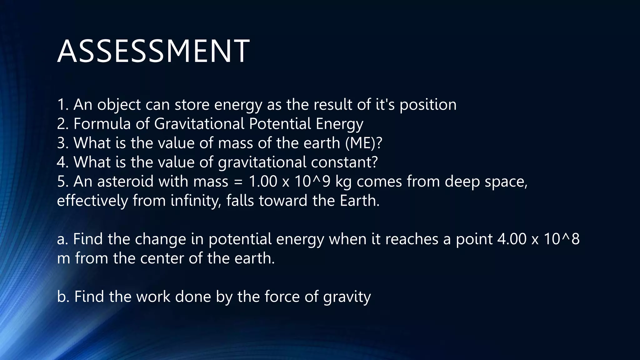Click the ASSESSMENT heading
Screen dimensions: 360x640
pos(153,51)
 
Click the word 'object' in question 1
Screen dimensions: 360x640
pos(119,105)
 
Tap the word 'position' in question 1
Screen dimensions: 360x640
pos(428,105)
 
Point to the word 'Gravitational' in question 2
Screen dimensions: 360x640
pos(199,124)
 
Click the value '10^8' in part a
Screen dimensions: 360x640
pos(562,239)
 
